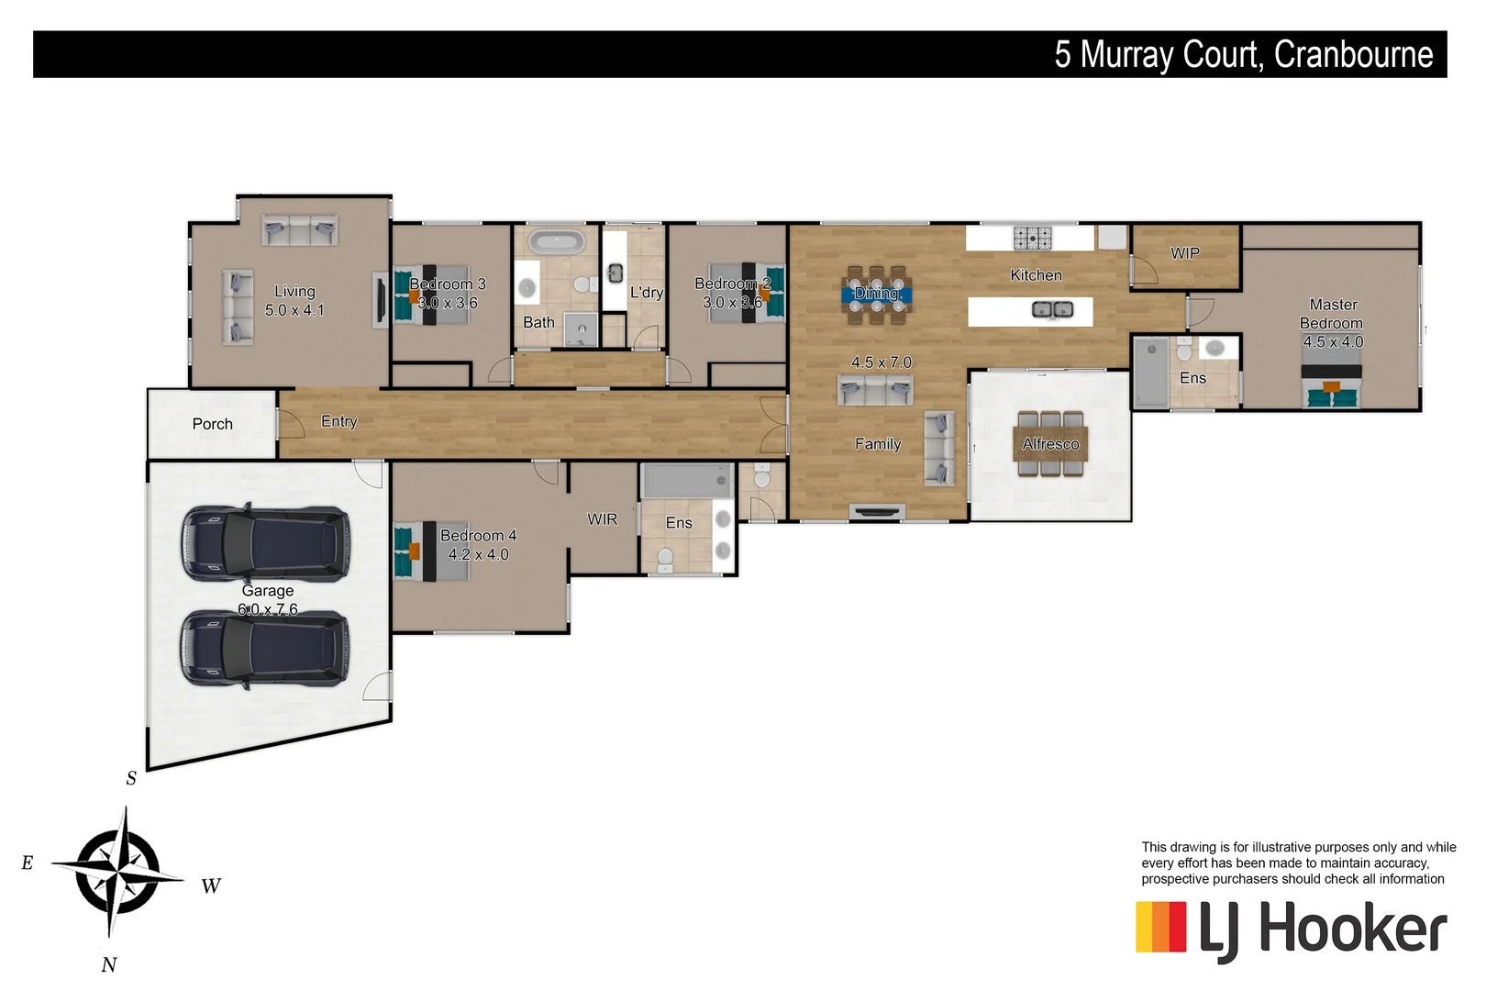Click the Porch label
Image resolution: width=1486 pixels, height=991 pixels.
[212, 424]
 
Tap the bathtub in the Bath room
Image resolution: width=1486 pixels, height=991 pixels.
[557, 243]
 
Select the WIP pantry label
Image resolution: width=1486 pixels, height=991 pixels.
[1185, 253]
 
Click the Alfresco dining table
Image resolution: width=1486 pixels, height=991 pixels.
[1051, 444]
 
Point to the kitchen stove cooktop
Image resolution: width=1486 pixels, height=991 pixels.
[1032, 238]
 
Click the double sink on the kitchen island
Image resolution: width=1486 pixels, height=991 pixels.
[1052, 309]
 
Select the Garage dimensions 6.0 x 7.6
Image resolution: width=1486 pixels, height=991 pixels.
[268, 609]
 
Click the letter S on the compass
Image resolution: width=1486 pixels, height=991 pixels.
[131, 778]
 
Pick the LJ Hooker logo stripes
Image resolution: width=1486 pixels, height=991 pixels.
[1161, 927]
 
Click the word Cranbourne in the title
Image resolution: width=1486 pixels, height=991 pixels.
[1353, 54]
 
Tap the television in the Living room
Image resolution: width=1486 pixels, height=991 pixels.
[379, 299]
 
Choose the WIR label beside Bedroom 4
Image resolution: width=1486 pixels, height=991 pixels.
[603, 519]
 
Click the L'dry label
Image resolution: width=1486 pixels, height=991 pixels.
[646, 292]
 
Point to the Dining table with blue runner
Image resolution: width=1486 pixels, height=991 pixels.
[876, 294]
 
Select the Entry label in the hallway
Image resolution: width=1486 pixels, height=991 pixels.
[338, 421]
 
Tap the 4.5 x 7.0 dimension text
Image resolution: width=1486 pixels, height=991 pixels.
[881, 362]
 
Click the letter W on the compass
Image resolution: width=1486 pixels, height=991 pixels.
[211, 885]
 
